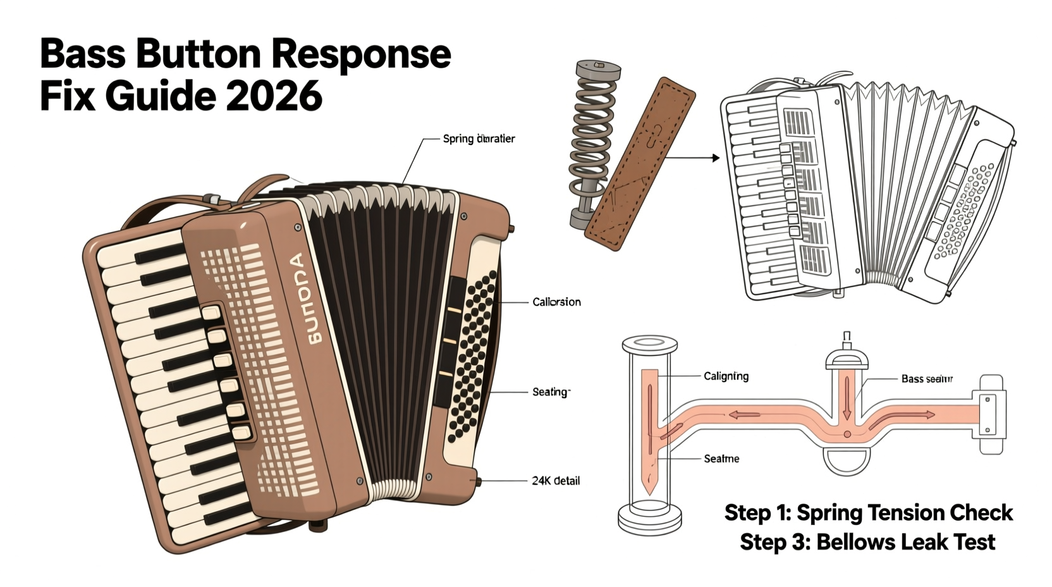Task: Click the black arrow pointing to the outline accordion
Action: tap(693, 158)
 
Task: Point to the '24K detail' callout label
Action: tap(555, 481)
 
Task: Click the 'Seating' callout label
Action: tap(551, 392)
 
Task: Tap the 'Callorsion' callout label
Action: tap(556, 302)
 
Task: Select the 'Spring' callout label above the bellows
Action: tap(479, 139)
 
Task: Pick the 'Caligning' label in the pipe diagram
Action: tap(726, 376)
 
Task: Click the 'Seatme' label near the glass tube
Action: tap(721, 459)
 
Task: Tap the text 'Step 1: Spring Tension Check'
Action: tap(868, 512)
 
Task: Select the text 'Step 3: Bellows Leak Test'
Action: tap(867, 542)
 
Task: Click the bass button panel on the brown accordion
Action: tap(471, 354)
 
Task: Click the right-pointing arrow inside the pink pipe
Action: tap(923, 415)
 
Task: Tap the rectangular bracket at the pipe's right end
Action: tap(991, 414)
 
